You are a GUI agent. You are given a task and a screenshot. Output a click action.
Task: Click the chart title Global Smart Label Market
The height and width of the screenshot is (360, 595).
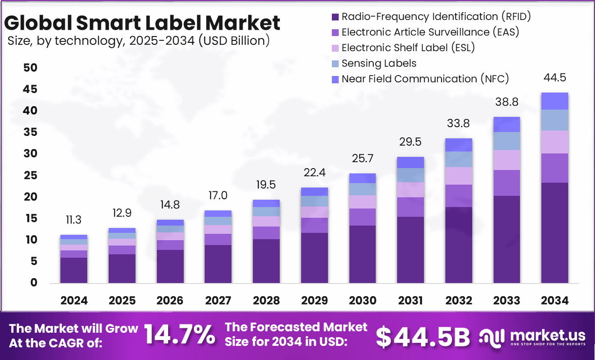click(142, 23)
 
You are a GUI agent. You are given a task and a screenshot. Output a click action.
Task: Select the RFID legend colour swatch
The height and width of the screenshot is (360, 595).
click(335, 17)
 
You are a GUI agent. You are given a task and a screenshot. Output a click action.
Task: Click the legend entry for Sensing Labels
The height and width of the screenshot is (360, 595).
click(379, 63)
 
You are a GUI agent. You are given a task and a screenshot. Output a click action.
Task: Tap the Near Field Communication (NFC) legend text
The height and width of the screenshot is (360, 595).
click(425, 79)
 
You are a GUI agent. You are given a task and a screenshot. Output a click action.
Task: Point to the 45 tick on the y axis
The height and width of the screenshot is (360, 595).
click(30, 90)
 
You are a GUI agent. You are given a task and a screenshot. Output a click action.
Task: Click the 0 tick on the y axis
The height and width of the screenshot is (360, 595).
click(34, 283)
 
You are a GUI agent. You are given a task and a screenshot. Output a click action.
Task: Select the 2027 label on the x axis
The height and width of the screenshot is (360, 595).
click(218, 301)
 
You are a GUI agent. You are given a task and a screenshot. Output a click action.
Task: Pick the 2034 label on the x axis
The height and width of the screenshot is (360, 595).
click(555, 301)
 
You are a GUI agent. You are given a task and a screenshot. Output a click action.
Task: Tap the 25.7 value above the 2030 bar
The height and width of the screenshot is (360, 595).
click(362, 158)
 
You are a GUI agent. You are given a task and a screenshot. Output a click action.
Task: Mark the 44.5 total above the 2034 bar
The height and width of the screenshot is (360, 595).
click(555, 78)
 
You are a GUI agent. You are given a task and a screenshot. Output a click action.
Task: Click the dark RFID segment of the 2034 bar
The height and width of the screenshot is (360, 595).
click(555, 233)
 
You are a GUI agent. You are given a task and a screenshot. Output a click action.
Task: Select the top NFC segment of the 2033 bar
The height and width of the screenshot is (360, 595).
click(506, 125)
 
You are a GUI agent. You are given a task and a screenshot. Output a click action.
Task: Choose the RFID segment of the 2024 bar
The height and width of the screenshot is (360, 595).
click(74, 270)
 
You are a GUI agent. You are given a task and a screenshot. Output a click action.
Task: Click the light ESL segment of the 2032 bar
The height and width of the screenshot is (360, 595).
click(459, 176)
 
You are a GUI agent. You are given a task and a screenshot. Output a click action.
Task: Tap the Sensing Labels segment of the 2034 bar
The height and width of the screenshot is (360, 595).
click(555, 120)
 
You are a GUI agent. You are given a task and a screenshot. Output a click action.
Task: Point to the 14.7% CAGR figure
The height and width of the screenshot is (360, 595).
click(180, 335)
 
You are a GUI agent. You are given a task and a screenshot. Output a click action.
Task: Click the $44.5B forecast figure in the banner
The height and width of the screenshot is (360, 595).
click(423, 336)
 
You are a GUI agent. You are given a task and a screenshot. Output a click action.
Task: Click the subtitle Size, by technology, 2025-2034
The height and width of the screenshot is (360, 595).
click(138, 41)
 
